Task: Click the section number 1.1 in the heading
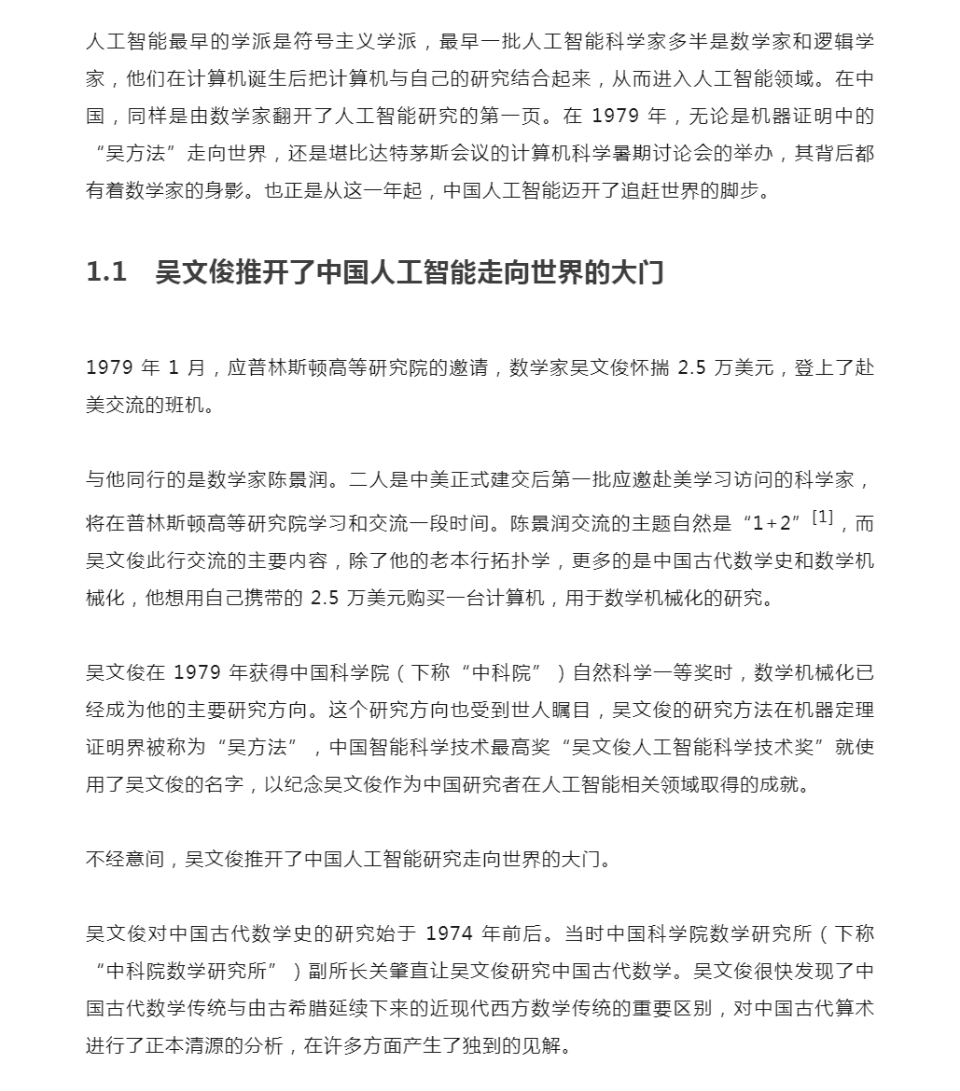[106, 272]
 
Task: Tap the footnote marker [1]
[822, 517]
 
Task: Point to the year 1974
[452, 933]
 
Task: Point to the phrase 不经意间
[125, 859]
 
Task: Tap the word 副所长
[333, 971]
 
